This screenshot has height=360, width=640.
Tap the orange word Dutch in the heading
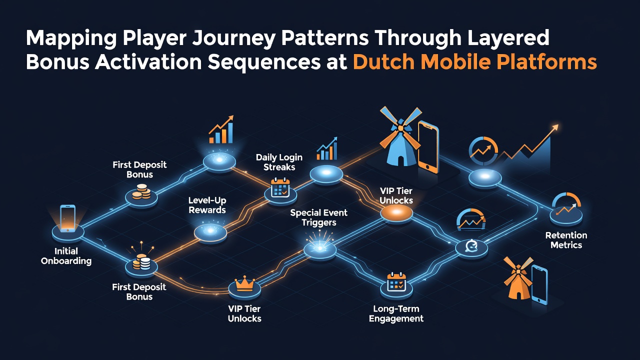pos(383,61)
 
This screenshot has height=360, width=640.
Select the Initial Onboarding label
pos(66,256)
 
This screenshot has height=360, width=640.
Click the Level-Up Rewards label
pos(207,205)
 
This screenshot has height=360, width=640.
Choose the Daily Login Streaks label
pos(279,162)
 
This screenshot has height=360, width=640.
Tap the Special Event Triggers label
pos(319,217)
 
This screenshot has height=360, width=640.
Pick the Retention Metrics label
pos(566,240)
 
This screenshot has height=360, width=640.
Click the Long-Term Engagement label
pos(396,313)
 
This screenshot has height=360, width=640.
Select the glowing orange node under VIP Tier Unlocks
pos(396,212)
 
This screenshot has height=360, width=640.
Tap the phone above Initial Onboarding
pos(68,218)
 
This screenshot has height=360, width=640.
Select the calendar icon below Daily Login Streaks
pos(280,187)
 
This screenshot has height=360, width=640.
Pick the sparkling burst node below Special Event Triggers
pos(319,247)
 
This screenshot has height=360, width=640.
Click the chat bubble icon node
pos(471,247)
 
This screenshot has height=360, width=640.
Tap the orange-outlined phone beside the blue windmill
pos(428,147)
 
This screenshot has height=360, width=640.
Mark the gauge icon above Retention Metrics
pos(566,204)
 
